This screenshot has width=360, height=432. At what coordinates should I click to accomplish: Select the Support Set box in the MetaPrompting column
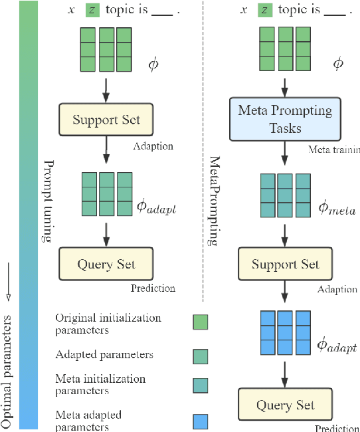[284, 265]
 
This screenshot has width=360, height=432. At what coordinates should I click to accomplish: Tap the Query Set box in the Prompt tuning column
[106, 264]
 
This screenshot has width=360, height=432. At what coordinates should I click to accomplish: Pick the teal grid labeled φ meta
[284, 193]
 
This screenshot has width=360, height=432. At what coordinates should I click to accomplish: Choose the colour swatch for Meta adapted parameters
[199, 421]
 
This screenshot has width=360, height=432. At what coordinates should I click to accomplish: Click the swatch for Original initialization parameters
[199, 322]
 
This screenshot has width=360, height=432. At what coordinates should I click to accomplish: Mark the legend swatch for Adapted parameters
[199, 355]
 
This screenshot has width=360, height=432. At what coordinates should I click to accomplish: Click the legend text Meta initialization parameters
[100, 383]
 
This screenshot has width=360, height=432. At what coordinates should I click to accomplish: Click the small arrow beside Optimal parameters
[8, 278]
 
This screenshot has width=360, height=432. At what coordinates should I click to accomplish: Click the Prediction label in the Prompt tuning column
[153, 288]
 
